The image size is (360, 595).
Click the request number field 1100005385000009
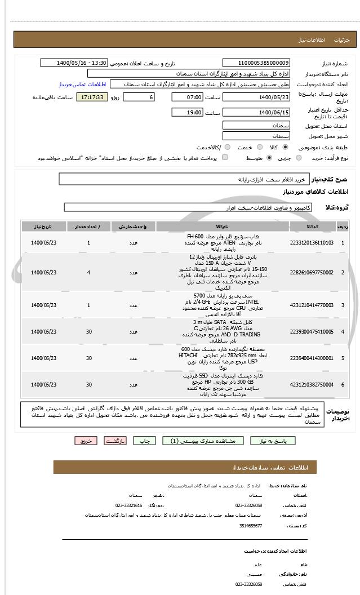[x=256, y=63]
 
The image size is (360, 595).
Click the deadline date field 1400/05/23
[x=256, y=97]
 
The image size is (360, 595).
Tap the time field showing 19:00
[x=187, y=113]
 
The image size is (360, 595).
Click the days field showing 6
[x=138, y=97]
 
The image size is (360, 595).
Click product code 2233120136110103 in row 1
[x=312, y=242]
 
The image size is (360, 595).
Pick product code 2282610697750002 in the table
[x=312, y=273]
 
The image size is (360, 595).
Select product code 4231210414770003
[x=312, y=305]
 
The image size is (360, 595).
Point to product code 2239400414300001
[x=312, y=358]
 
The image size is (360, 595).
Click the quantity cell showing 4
[x=89, y=273]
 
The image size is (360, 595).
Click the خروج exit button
[x=86, y=441]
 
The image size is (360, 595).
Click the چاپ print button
[x=144, y=441]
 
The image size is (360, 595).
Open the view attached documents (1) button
[x=203, y=441]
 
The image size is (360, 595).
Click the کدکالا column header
[x=312, y=227]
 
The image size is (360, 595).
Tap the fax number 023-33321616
[x=129, y=505]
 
